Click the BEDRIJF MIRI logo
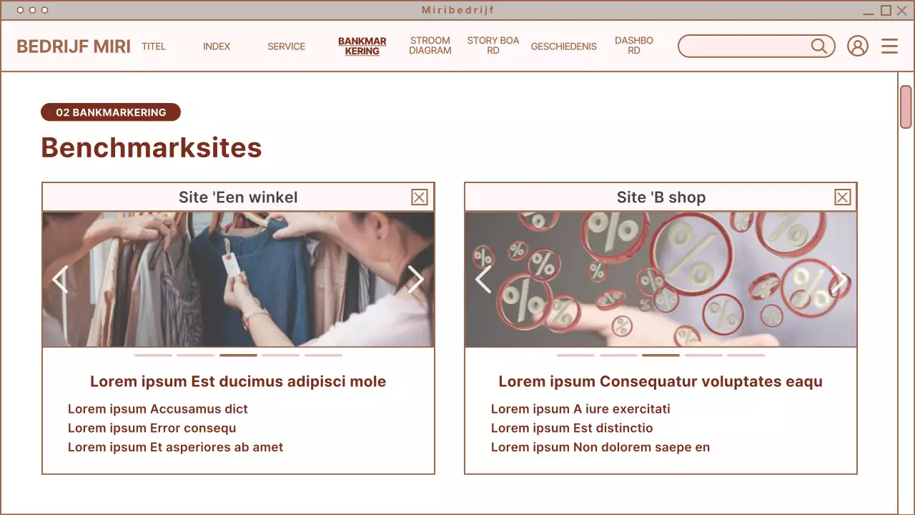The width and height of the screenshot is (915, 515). point(74,46)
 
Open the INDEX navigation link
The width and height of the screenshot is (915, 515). point(217,46)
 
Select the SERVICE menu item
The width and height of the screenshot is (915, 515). point(286,46)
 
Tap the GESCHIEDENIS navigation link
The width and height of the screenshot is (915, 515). point(563,46)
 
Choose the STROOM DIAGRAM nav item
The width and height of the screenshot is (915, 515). point(430,46)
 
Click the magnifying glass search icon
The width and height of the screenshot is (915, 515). point(819,46)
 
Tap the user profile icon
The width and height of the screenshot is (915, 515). point(857,46)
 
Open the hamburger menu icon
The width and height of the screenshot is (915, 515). point(889,46)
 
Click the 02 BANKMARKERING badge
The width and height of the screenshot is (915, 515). point(111,112)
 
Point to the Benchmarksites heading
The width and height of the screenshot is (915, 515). point(152,148)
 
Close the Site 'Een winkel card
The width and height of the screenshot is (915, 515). point(420,197)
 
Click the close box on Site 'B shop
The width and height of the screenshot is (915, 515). point(843,197)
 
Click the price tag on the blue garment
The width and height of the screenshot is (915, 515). point(230,264)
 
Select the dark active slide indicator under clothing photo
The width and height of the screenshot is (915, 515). point(238,355)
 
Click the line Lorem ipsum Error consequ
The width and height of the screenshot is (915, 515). point(152,428)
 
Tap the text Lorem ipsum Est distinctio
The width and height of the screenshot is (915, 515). point(572,428)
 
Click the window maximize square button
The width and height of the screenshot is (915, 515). point(886,10)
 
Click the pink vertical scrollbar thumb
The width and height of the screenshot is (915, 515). point(906,107)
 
